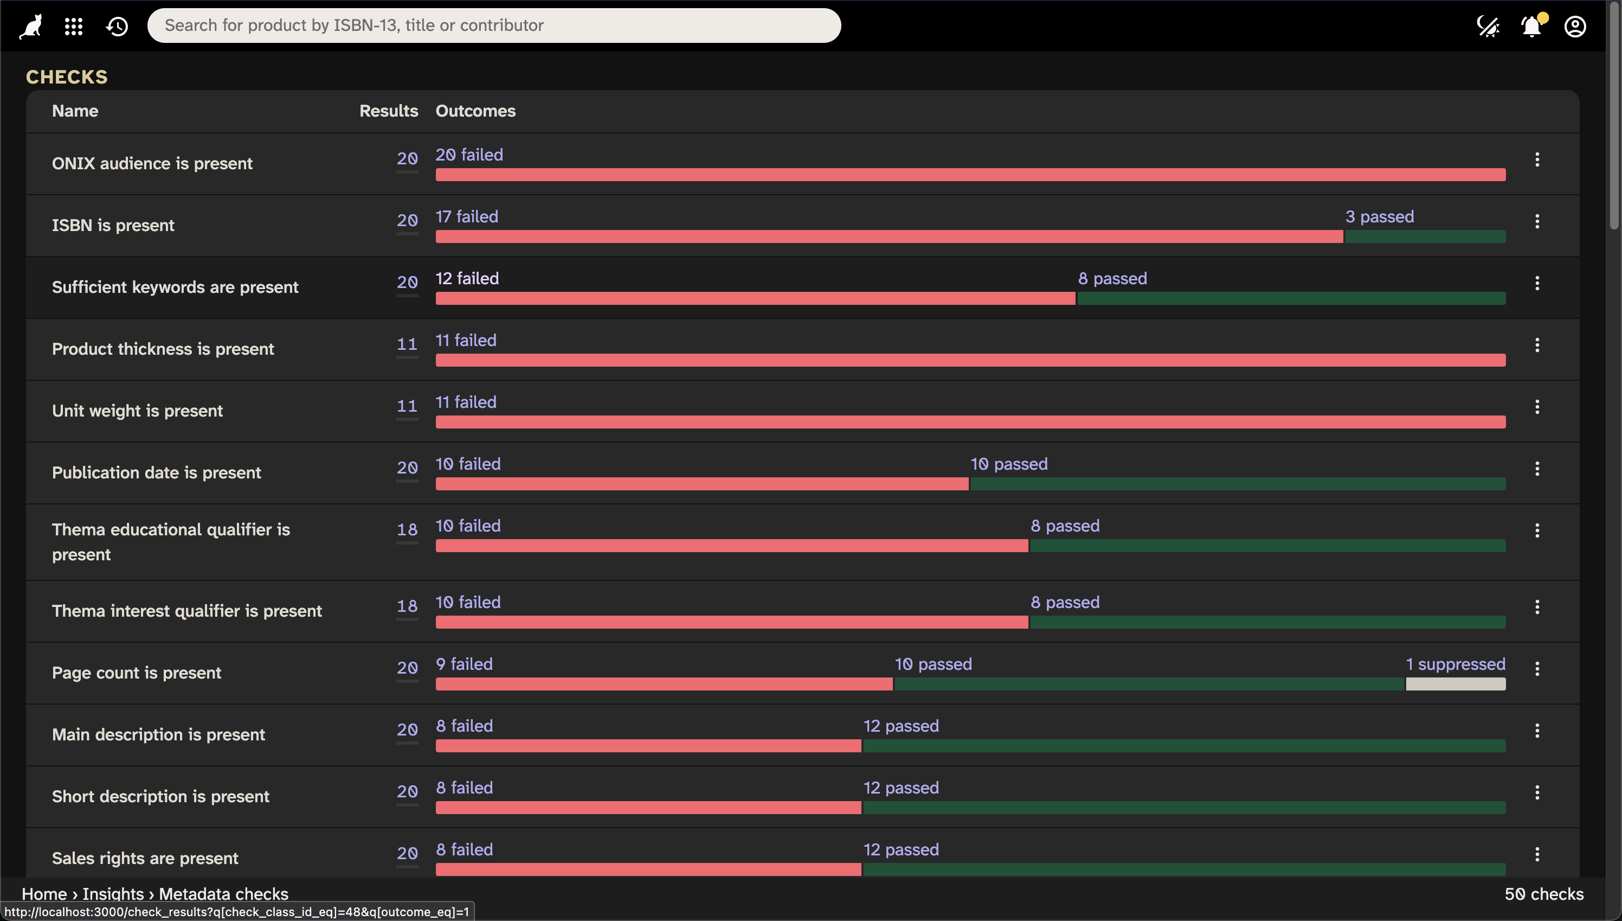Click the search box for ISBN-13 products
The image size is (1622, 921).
click(x=493, y=25)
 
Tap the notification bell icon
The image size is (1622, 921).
click(x=1531, y=27)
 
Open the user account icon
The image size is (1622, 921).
click(x=1575, y=27)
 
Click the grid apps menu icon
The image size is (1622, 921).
click(x=74, y=26)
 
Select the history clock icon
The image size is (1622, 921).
click(x=117, y=26)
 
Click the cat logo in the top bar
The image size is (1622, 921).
click(x=31, y=26)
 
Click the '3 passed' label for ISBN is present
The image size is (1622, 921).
click(x=1379, y=216)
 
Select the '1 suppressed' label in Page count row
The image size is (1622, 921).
click(x=1455, y=663)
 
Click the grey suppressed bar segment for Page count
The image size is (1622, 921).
click(x=1455, y=684)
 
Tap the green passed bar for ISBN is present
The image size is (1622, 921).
click(x=1425, y=236)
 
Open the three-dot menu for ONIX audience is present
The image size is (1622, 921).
click(x=1537, y=159)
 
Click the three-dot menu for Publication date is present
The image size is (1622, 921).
click(x=1537, y=469)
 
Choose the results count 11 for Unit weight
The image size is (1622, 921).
click(x=407, y=406)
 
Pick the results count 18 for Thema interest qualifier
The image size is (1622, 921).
click(x=407, y=606)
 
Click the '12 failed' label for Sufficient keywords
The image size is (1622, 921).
click(x=467, y=278)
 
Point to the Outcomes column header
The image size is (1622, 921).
click(x=475, y=111)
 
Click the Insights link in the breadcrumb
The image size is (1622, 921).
click(x=113, y=893)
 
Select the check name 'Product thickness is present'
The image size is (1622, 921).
click(x=163, y=349)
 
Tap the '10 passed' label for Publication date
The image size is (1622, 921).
click(x=1009, y=464)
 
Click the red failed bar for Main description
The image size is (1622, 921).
click(x=648, y=746)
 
